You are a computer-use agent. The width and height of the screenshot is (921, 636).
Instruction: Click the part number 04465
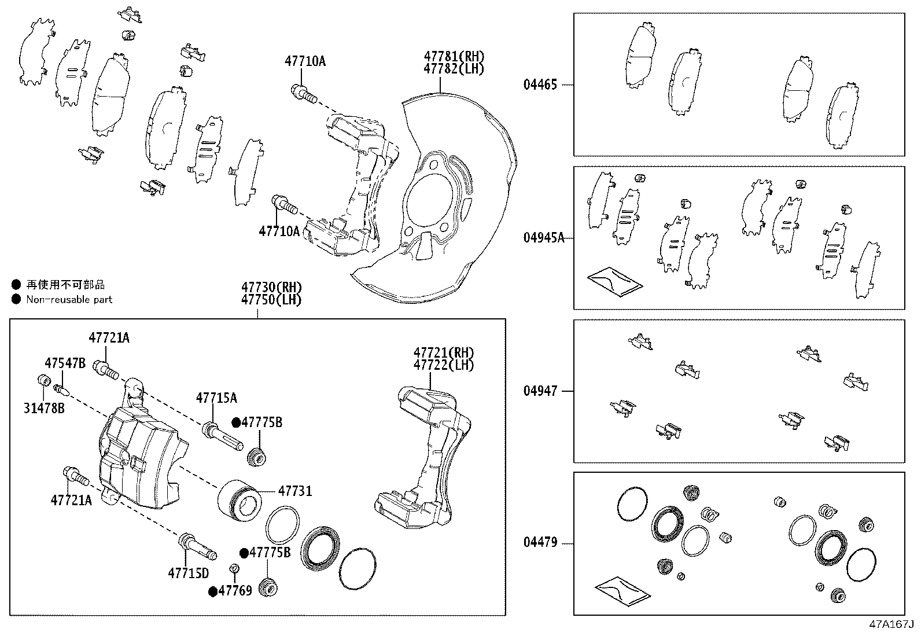540,85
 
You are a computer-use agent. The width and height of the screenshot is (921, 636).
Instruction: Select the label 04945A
543,238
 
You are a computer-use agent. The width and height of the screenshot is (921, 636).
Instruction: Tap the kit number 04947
540,391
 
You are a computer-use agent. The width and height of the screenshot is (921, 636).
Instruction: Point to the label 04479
540,543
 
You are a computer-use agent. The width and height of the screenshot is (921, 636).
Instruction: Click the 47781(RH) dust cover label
454,57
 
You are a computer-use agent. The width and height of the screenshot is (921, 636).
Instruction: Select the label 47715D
188,573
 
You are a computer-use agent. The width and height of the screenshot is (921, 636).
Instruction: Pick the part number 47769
237,591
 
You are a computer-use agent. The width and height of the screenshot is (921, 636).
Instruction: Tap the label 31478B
44,408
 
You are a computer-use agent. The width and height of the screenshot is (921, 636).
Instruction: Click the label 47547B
65,363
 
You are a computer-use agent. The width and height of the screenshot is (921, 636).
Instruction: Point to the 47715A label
216,398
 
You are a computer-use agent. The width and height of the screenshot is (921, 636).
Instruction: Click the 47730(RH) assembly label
271,287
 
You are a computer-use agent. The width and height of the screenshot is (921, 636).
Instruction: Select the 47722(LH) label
443,365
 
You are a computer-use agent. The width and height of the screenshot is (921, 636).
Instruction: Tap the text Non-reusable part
69,299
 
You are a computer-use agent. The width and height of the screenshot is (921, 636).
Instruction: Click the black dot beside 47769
212,591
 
